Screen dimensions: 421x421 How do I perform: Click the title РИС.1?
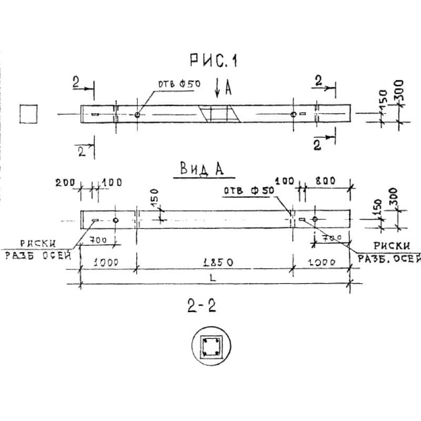click(213, 62)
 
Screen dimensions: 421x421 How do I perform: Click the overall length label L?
click(212, 278)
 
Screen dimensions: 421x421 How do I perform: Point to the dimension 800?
click(326, 182)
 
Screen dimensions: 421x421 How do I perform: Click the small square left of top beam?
click(28, 113)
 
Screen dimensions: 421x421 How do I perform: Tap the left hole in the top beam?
click(137, 114)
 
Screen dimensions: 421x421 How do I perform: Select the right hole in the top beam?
click(293, 114)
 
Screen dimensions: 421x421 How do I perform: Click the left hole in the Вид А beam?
click(116, 219)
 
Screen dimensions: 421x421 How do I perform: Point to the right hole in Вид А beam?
click(315, 219)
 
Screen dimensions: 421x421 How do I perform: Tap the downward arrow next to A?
click(218, 88)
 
